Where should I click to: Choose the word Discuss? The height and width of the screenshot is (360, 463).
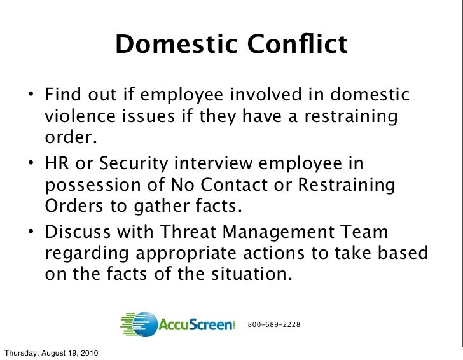pyautogui.click(x=83, y=233)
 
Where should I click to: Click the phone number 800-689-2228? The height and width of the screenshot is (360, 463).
pyautogui.click(x=273, y=325)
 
